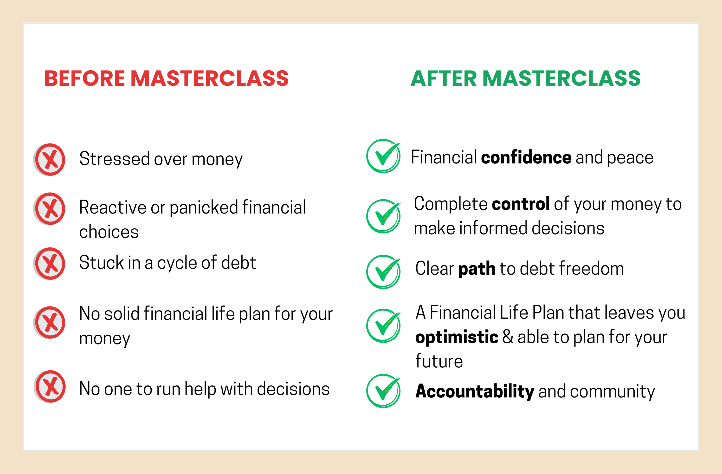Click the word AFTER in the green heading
point(444,78)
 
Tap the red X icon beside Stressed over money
point(49,160)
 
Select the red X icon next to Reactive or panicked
point(49,209)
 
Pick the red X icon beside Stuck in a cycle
point(49,264)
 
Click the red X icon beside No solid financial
point(49,323)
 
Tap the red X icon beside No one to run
point(50,387)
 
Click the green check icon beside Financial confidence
point(384,156)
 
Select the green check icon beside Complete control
point(384,216)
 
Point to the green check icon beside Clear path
point(384,272)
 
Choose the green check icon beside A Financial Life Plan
point(384,326)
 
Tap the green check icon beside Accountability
point(384,391)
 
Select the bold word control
point(521,204)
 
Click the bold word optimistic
point(457,337)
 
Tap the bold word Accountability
point(475,391)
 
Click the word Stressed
point(114,158)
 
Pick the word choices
point(109,232)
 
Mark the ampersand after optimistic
point(508,337)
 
